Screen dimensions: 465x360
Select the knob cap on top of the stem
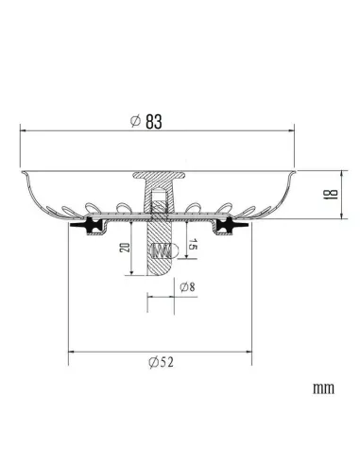click(x=159, y=177)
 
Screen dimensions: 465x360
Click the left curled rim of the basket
click(x=24, y=173)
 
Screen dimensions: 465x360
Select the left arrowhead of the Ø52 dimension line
click(x=71, y=353)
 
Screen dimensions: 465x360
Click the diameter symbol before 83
click(x=138, y=120)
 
